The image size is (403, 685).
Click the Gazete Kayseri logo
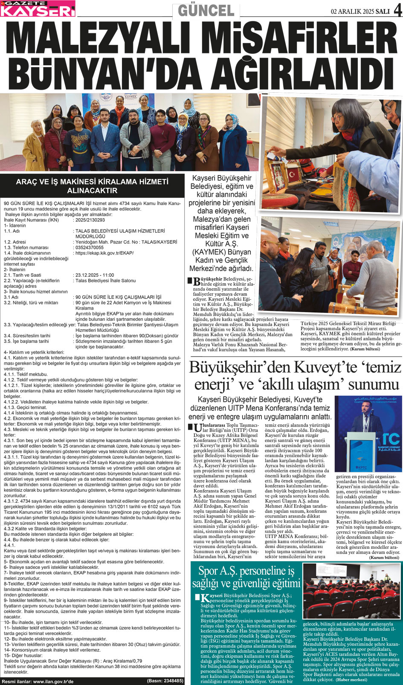38,9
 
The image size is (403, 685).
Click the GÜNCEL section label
206,10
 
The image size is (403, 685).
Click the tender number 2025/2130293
90,220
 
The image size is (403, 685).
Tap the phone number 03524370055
89,247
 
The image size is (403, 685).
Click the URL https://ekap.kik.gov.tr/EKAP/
104,253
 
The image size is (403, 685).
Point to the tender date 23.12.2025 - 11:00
94,275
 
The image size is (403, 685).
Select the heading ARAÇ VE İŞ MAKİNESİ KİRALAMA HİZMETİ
92,181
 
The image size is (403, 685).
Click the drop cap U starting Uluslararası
197,428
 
